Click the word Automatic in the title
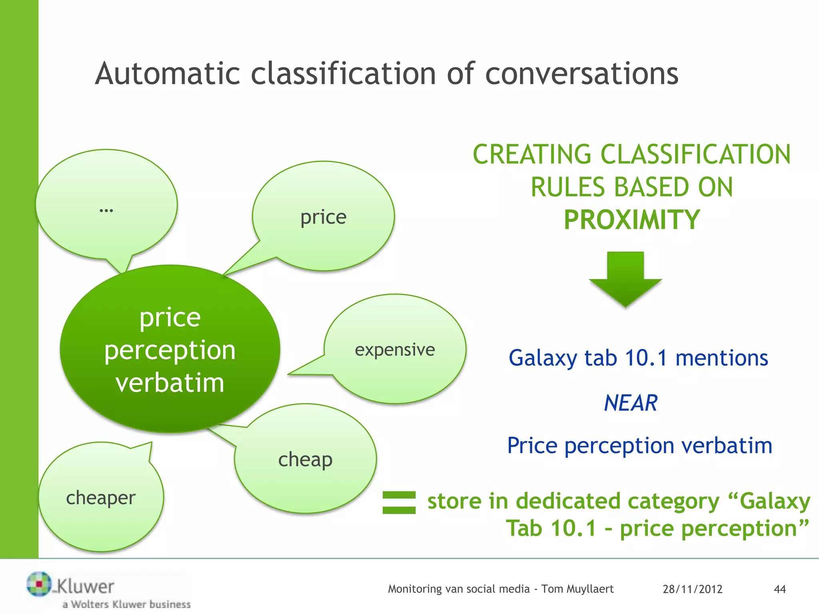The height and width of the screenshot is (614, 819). tap(167, 74)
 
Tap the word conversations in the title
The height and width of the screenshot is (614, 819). tap(581, 74)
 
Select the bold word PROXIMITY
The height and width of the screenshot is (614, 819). tap(631, 220)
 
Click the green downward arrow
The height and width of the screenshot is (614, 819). tap(625, 280)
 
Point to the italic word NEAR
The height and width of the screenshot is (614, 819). tap(631, 403)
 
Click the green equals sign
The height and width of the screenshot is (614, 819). tap(399, 502)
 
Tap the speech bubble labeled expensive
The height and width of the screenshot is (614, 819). tap(395, 349)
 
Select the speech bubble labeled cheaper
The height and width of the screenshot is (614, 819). tap(101, 498)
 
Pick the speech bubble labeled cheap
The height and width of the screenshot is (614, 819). tap(305, 460)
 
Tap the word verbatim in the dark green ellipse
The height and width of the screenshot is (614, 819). tap(170, 383)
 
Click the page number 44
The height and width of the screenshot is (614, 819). tap(779, 589)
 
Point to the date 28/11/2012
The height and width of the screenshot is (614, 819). tap(692, 589)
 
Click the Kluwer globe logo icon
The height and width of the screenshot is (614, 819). tap(39, 584)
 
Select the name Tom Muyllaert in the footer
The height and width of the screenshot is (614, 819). tap(577, 589)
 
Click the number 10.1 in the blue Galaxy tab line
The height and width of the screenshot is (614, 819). tap(646, 358)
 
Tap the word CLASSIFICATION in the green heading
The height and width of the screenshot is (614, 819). tap(695, 155)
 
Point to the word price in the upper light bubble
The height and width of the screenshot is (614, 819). tap(323, 217)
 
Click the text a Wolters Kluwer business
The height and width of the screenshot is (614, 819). tap(126, 604)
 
